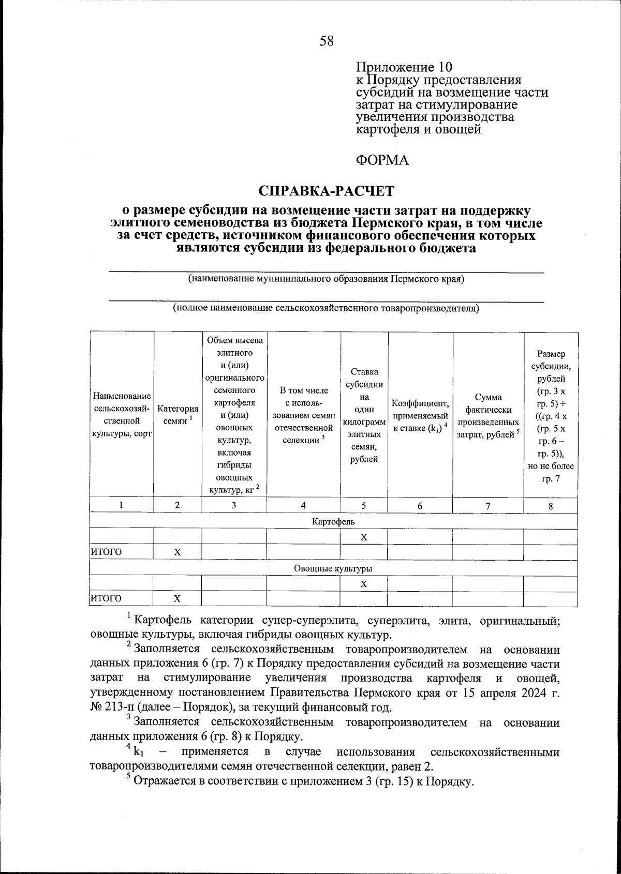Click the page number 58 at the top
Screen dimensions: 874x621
[x=327, y=40]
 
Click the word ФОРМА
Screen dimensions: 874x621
[x=382, y=160]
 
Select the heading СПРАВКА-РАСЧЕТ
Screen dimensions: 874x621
[x=327, y=191]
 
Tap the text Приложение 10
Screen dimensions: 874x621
[x=404, y=67]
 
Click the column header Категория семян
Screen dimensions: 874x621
[x=178, y=415]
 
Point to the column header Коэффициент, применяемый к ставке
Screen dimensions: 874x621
[x=420, y=415]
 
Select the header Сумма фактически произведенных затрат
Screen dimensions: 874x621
[x=488, y=415]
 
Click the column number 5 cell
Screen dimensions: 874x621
[x=364, y=506]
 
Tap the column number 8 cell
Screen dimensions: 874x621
[x=551, y=506]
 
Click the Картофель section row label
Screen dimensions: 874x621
[x=333, y=522]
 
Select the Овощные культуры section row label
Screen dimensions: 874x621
[x=333, y=568]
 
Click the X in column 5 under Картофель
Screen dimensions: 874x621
[x=364, y=537]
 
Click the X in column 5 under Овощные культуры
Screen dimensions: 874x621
[x=364, y=584]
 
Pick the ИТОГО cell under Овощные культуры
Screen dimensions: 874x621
[x=107, y=599]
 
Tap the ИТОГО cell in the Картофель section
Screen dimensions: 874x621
[x=107, y=552]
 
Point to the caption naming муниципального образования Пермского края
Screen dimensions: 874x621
[x=326, y=279]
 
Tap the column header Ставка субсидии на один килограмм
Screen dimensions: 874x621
[x=364, y=415]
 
